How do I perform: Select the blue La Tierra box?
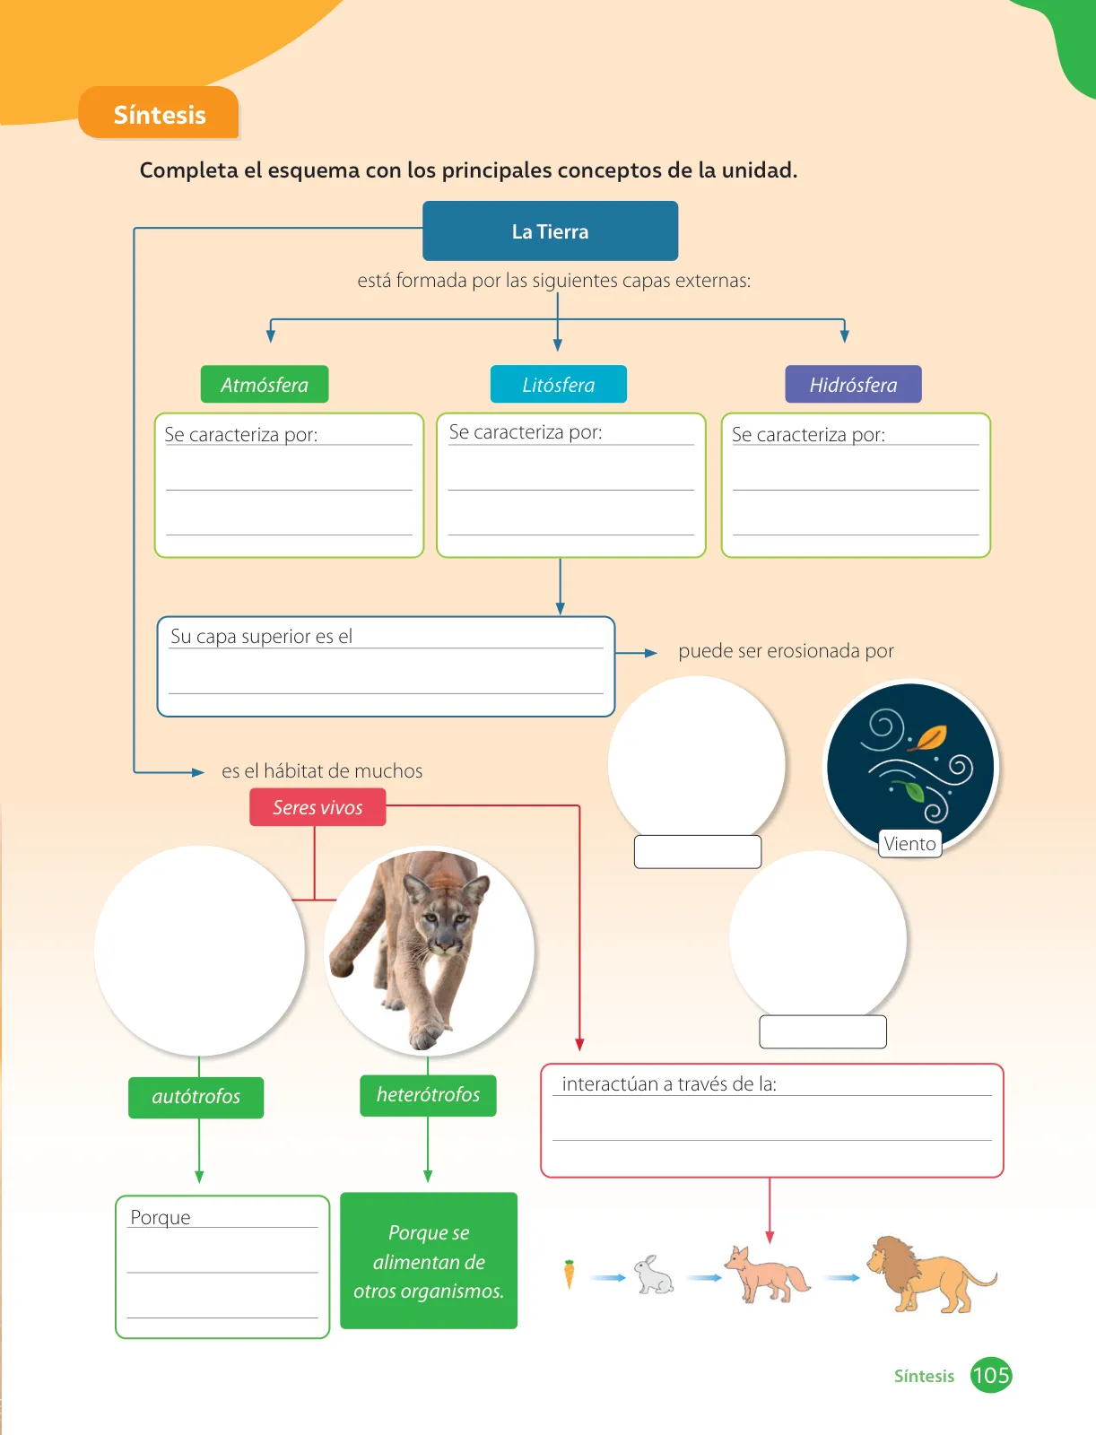[x=550, y=230]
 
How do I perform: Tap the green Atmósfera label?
[x=264, y=385]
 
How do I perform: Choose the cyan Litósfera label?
[x=558, y=385]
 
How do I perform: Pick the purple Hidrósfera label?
[x=853, y=385]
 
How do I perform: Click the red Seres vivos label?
[x=317, y=807]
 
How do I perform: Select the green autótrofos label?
[x=196, y=1097]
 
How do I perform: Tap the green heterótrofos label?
[x=428, y=1095]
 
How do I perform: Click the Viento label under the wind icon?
[x=909, y=843]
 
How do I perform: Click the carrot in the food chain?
[x=570, y=1274]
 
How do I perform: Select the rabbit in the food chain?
[x=654, y=1274]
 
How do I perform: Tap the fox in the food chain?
[x=767, y=1274]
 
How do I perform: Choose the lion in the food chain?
[x=931, y=1274]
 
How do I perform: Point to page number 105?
[x=991, y=1376]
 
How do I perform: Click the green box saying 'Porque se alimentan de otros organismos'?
[x=429, y=1260]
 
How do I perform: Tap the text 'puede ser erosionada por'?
[x=786, y=651]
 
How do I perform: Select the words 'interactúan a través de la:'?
[x=669, y=1084]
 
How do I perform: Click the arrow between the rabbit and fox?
[x=705, y=1277]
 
